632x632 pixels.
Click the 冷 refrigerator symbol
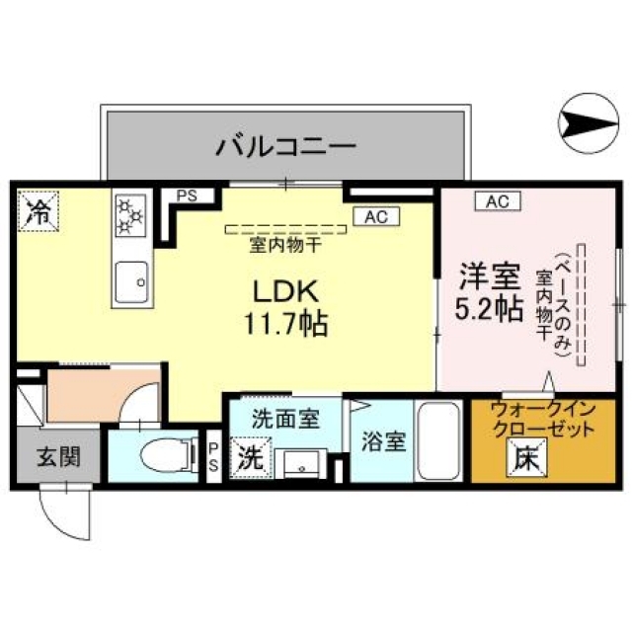tap(38, 209)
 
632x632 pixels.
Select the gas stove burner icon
tap(130, 215)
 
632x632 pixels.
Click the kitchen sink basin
tap(129, 281)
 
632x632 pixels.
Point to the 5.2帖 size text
tap(489, 308)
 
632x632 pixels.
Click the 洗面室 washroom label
tap(284, 418)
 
